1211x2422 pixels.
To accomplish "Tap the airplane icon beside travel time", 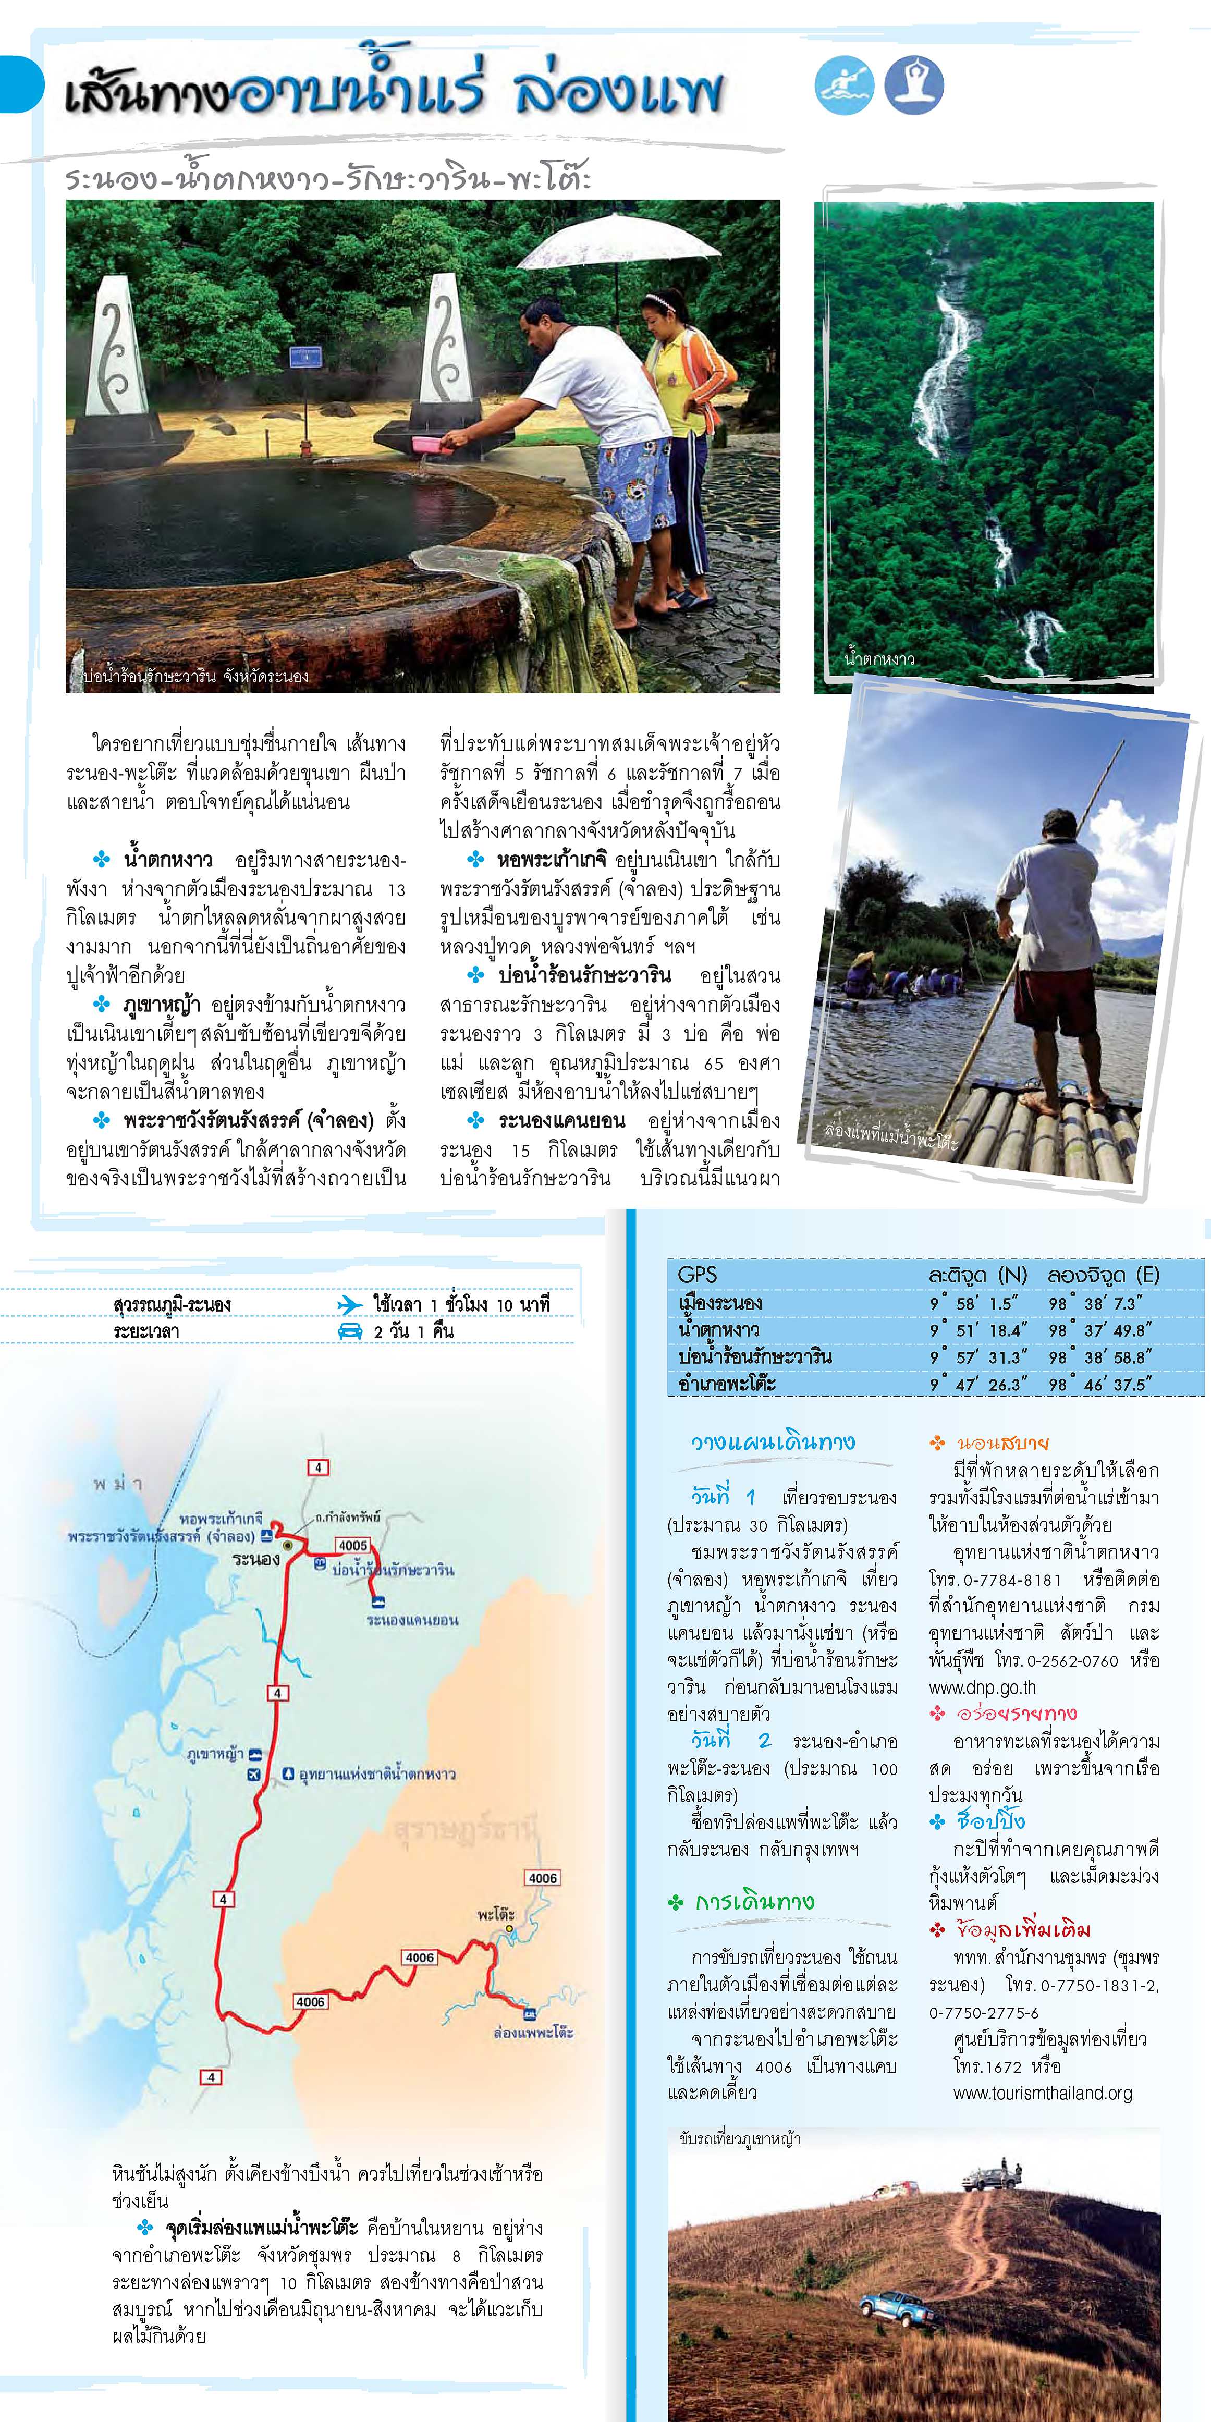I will [x=350, y=1304].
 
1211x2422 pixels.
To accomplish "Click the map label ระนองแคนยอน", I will [x=412, y=1620].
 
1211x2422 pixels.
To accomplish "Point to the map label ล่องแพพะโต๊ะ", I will [x=533, y=2033].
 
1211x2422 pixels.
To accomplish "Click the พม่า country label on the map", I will [x=117, y=1485].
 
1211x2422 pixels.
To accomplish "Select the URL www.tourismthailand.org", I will [x=1042, y=2094].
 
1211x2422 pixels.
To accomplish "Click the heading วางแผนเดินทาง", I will [x=773, y=1442].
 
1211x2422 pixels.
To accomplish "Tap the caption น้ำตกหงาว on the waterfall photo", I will [x=878, y=659].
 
